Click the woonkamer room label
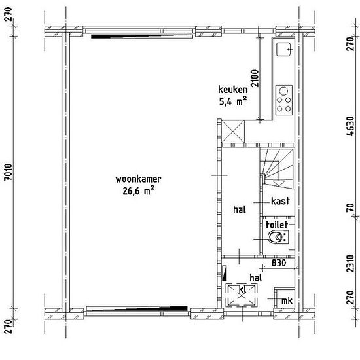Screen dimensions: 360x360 [x=138, y=179]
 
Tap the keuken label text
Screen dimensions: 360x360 [x=233, y=90]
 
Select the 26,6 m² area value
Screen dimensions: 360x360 [x=138, y=190]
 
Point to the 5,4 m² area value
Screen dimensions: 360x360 [x=233, y=101]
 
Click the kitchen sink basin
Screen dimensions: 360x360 [x=284, y=49]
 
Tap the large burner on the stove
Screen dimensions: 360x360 [x=283, y=91]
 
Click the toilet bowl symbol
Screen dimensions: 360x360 [x=276, y=238]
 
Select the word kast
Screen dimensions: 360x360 [x=280, y=201]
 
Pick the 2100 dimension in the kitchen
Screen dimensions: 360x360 [x=255, y=79]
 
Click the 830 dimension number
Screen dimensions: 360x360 [x=279, y=263]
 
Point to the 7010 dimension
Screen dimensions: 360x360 [x=9, y=172]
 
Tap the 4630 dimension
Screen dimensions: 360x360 [x=350, y=126]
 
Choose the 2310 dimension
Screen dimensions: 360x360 [x=350, y=263]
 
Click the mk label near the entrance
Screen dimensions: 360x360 [x=287, y=300]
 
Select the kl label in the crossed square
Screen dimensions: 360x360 [x=242, y=289]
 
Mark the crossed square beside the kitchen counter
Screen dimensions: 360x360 [x=233, y=132]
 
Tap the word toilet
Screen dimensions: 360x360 [x=277, y=225]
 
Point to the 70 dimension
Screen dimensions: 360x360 [x=350, y=208]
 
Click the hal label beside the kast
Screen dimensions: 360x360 [x=240, y=209]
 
